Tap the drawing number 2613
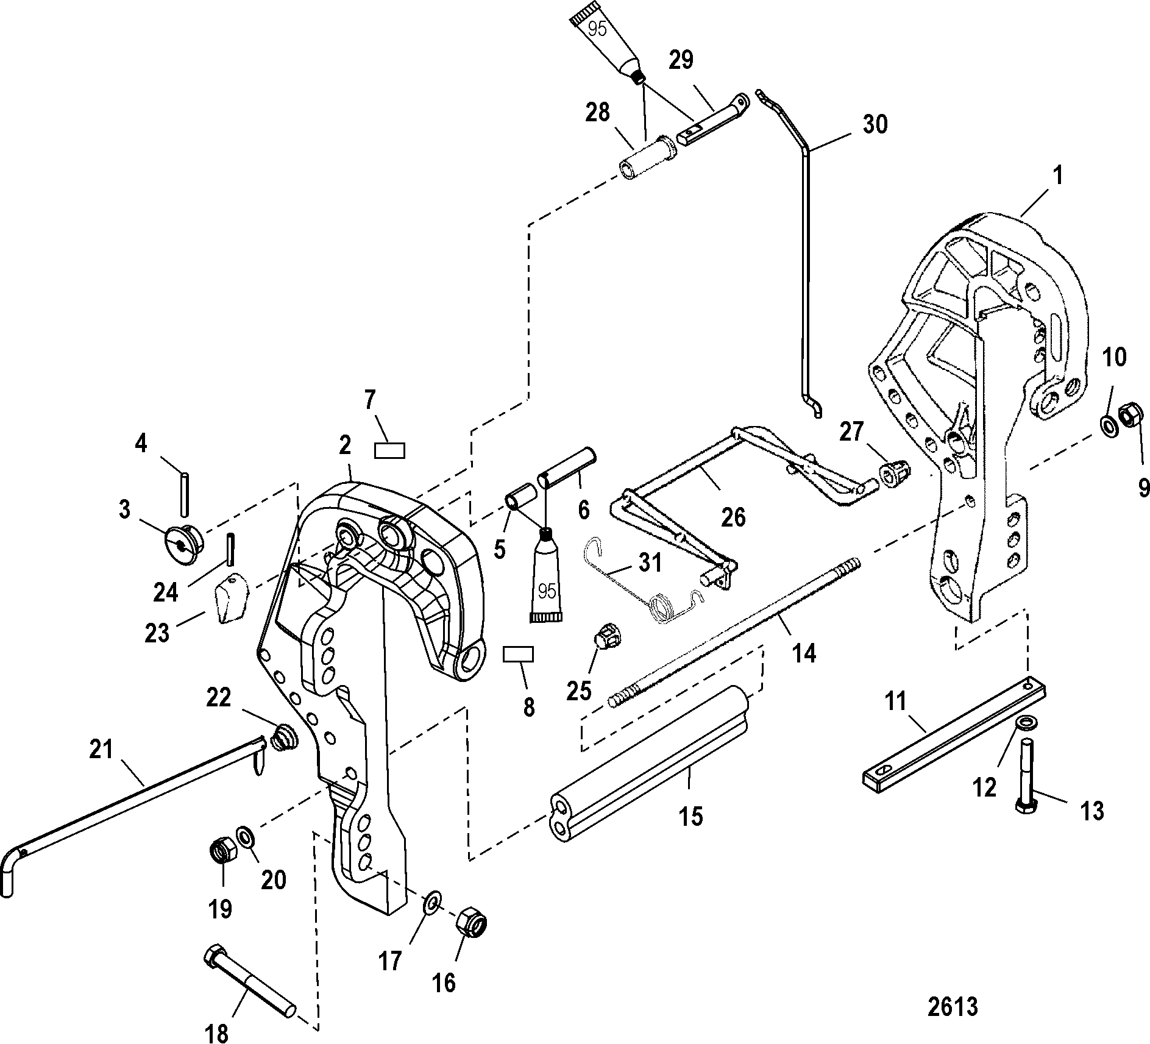click(x=953, y=1007)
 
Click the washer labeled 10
click(x=1108, y=425)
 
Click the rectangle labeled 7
click(x=390, y=450)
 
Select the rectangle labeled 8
click(x=518, y=655)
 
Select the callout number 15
click(x=690, y=815)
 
